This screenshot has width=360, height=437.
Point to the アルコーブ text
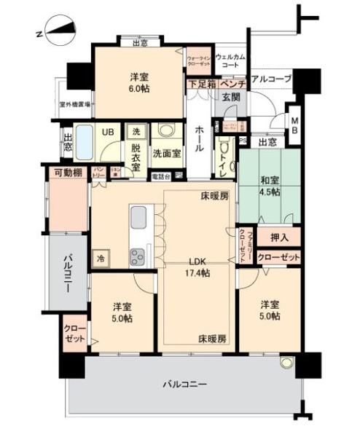[x=271, y=79]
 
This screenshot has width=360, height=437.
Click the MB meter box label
[x=294, y=125]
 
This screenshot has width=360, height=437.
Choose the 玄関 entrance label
[x=231, y=97]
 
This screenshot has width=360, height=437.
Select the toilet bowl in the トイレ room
[x=224, y=157]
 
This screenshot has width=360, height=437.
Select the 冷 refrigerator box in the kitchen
[x=98, y=257]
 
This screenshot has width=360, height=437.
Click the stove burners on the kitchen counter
[x=138, y=256]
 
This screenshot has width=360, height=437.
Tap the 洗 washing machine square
[x=136, y=132]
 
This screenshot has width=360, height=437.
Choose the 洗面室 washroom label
[x=166, y=154]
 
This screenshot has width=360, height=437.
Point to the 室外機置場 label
[x=75, y=104]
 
